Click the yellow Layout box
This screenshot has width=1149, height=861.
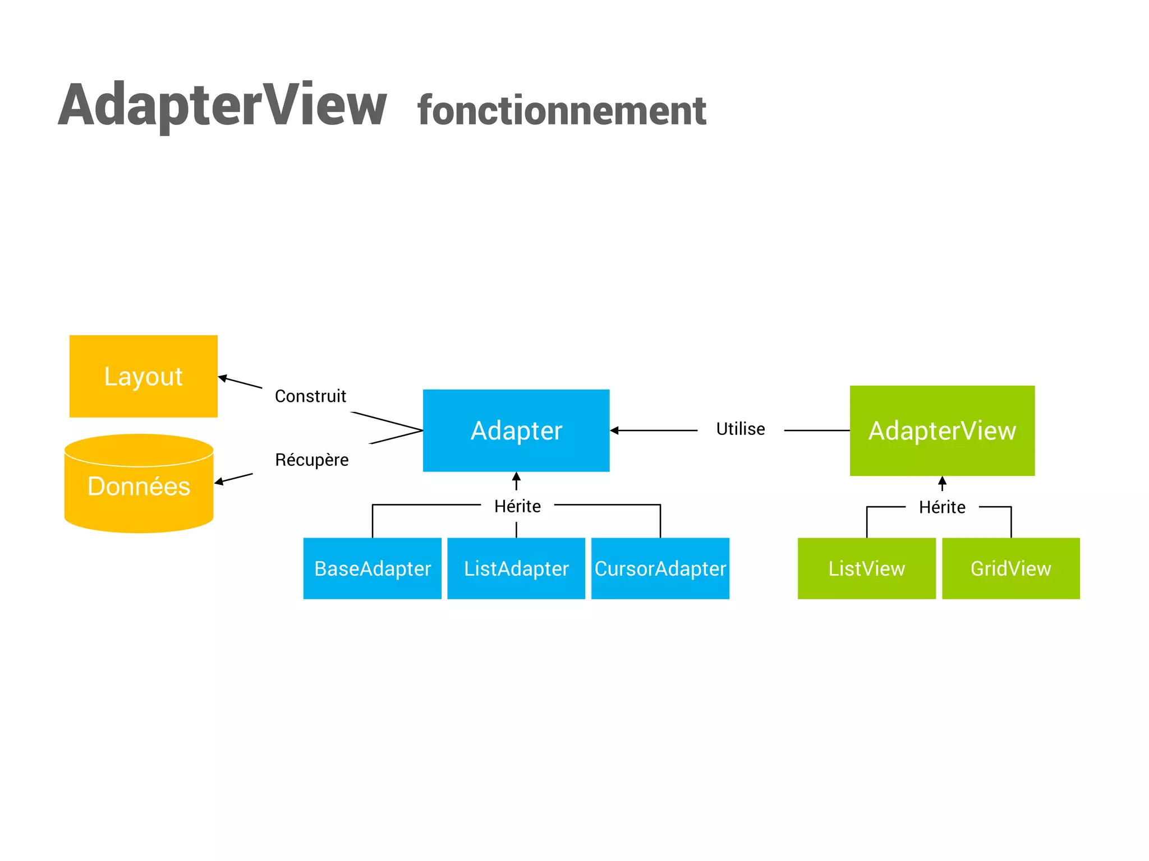(143, 376)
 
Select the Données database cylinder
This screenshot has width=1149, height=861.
(139, 485)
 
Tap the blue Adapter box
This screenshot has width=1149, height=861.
(516, 430)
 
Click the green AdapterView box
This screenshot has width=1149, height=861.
(942, 430)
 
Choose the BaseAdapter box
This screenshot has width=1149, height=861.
(373, 568)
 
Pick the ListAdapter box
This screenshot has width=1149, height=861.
(516, 568)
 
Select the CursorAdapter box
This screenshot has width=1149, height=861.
(660, 568)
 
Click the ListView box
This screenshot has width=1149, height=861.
(867, 568)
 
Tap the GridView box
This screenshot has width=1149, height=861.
(1010, 568)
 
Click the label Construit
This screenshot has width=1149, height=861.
(310, 396)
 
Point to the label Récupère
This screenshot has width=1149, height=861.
(311, 460)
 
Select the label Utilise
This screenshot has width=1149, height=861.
(741, 429)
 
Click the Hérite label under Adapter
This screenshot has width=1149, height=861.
(517, 506)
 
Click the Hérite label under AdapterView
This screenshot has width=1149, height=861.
(942, 507)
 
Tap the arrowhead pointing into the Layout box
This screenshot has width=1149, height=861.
(223, 378)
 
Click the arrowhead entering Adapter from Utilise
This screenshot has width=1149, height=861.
(614, 430)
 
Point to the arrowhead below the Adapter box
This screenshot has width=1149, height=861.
(516, 477)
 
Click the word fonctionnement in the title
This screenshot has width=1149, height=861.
(562, 110)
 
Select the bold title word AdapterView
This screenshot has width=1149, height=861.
(223, 105)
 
